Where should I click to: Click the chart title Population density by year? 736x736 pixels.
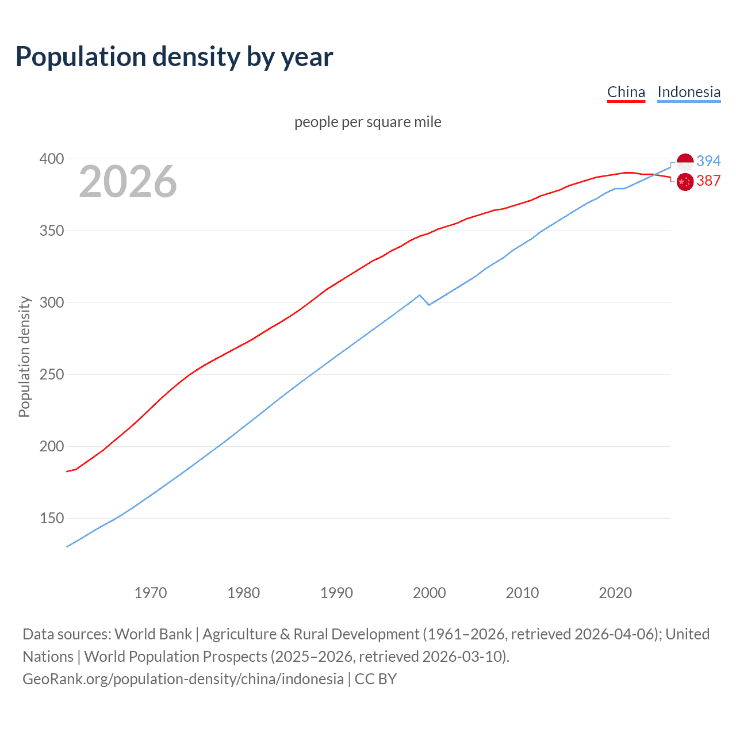coord(174,57)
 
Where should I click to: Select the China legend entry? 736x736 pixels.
coord(626,92)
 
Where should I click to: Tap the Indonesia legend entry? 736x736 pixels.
coord(689,92)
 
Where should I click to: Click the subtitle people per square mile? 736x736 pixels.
coord(367,122)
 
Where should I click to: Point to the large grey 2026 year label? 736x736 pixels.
coord(128,182)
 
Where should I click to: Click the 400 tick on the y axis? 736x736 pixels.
coord(51,159)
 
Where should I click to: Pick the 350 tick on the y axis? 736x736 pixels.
coord(51,231)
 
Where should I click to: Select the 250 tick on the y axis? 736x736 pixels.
coord(51,374)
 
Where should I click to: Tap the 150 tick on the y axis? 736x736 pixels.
coord(51,518)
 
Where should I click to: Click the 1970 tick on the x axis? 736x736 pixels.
coord(151,593)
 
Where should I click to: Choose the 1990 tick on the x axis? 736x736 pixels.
coord(336,593)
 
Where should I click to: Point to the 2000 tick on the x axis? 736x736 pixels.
coord(430,593)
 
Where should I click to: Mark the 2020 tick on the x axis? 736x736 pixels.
coord(615,593)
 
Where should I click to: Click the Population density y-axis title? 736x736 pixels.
coord(24,356)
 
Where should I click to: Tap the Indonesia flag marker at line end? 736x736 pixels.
coord(685,162)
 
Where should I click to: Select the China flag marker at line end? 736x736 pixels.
coord(685,182)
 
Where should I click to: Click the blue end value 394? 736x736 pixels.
coord(708,161)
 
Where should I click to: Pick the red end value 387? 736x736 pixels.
coord(708,181)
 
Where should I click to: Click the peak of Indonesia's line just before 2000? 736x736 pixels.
coord(420,295)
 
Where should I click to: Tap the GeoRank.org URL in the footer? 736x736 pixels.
coord(183,679)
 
